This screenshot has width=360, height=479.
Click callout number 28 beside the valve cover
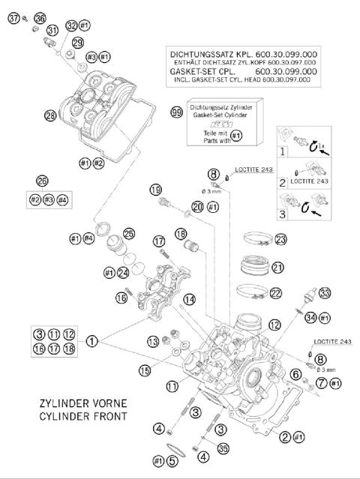click(x=50, y=116)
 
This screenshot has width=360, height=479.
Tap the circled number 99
click(x=176, y=112)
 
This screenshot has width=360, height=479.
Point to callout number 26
click(x=42, y=181)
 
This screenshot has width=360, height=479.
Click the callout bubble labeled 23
click(x=281, y=240)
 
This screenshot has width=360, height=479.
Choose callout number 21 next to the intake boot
click(x=278, y=268)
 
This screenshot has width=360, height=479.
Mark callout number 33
click(x=324, y=292)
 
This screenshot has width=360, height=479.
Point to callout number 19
click(x=156, y=190)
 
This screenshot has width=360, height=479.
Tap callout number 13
click(x=153, y=342)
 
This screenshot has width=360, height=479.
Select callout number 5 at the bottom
click(x=172, y=460)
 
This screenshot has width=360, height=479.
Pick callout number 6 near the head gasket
click(x=295, y=373)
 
